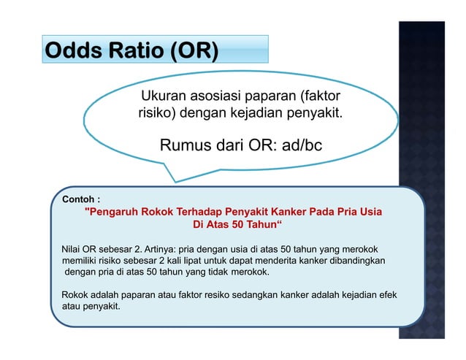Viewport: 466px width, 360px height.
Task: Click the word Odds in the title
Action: [70, 52]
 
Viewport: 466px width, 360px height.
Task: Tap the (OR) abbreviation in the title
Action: [194, 52]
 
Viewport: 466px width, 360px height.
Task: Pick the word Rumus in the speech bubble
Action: [184, 145]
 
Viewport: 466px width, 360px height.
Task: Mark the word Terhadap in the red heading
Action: [195, 212]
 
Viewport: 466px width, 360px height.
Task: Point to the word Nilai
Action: [75, 249]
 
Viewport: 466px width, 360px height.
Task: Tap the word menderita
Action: [283, 261]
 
